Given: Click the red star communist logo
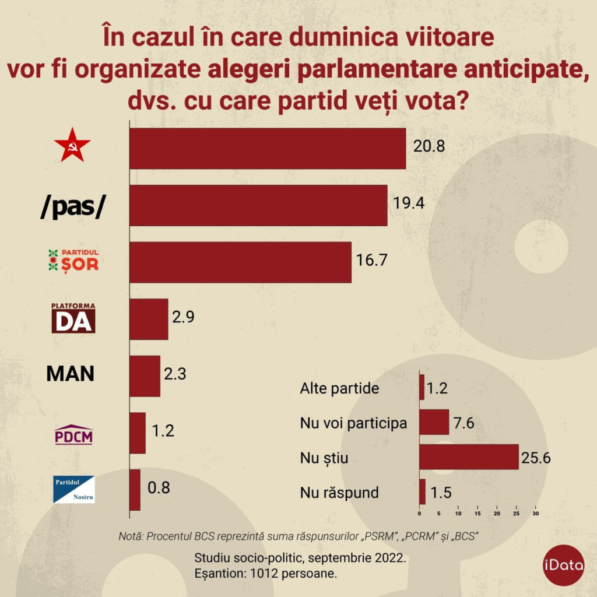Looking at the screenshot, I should click(x=72, y=149).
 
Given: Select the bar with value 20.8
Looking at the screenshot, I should click(x=267, y=149).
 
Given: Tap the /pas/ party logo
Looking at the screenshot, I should click(x=73, y=206).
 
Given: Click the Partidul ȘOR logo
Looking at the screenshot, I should click(x=73, y=260).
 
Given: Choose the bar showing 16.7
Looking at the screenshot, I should click(x=240, y=262).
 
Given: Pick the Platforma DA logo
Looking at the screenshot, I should click(x=73, y=318).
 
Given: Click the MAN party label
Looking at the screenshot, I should click(x=71, y=374).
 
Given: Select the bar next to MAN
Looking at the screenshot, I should click(x=145, y=376).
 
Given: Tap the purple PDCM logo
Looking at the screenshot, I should click(x=73, y=434).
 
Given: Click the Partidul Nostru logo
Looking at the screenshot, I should click(x=73, y=489).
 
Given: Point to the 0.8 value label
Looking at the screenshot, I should click(x=159, y=487).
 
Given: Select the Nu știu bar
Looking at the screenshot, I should click(x=469, y=457).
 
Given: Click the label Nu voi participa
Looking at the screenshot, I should click(x=353, y=423).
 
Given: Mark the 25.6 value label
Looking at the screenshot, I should click(x=537, y=457).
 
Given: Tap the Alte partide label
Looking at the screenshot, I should click(x=339, y=389).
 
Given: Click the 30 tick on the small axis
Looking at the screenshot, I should click(x=535, y=514).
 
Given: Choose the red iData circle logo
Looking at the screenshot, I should click(x=563, y=565).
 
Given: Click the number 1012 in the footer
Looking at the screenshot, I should click(x=266, y=573).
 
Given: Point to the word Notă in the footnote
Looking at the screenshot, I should click(x=131, y=536).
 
